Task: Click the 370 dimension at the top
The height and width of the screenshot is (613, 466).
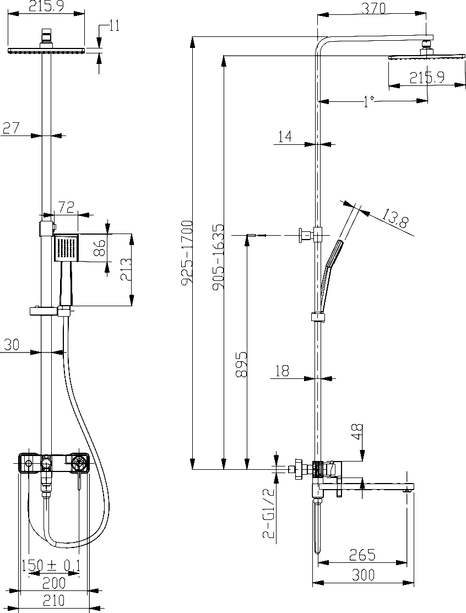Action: pyautogui.click(x=373, y=8)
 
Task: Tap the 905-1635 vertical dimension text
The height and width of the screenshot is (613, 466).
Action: pyautogui.click(x=218, y=257)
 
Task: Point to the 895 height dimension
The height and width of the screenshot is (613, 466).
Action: pyautogui.click(x=242, y=364)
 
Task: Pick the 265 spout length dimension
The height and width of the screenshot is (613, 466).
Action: pyautogui.click(x=362, y=554)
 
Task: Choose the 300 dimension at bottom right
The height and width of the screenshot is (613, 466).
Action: pyautogui.click(x=363, y=574)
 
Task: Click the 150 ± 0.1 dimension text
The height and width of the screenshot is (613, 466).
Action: pyautogui.click(x=51, y=565)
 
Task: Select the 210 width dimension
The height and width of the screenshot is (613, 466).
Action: pyautogui.click(x=53, y=600)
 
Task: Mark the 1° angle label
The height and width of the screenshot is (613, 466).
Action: pyautogui.click(x=369, y=102)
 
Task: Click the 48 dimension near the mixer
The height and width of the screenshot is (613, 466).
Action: pyautogui.click(x=357, y=432)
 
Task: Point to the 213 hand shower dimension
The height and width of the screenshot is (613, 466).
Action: pyautogui.click(x=126, y=270)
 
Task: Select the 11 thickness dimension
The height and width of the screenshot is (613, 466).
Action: pyautogui.click(x=114, y=28)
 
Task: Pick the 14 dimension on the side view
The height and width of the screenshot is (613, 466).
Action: pyautogui.click(x=285, y=137)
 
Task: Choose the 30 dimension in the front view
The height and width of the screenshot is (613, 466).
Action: pyautogui.click(x=12, y=345)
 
